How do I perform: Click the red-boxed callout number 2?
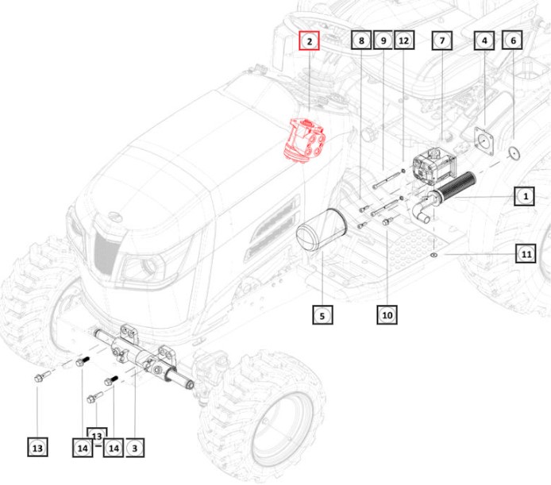309,40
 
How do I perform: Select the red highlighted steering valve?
305,141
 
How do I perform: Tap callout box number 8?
361,40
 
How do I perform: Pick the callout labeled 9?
383,40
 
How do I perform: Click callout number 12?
404,40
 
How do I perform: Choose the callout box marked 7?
442,40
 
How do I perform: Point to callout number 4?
484,40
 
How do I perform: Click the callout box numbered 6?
512,40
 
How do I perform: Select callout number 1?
525,196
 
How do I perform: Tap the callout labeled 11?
526,253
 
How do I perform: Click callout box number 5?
322,314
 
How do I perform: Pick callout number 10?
387,314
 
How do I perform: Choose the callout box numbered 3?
135,448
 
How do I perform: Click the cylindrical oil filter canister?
322,229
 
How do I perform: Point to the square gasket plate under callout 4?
484,141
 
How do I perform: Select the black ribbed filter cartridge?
455,188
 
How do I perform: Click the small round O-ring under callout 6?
514,153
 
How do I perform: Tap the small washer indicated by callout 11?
434,254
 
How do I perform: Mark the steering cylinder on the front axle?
144,356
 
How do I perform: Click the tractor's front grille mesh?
105,251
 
